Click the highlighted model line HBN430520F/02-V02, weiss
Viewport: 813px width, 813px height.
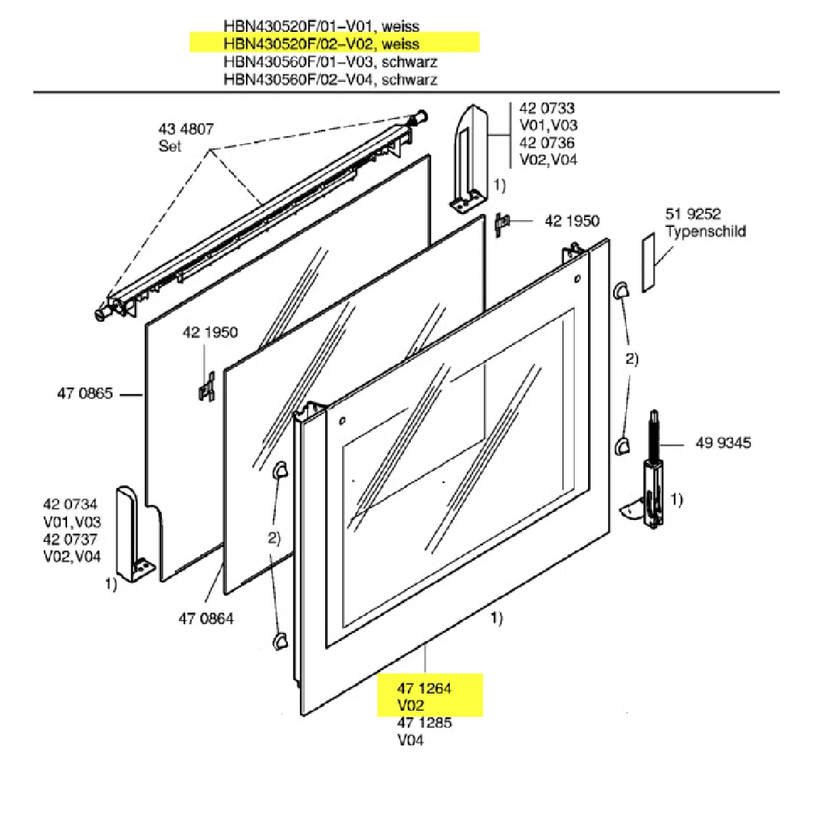click(x=322, y=44)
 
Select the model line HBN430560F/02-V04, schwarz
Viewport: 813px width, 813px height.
click(x=330, y=79)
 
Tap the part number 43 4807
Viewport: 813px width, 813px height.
click(x=186, y=129)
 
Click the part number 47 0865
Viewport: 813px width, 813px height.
click(x=85, y=394)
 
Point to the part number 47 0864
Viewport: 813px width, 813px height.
click(x=206, y=618)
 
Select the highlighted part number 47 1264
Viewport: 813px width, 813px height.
click(x=424, y=688)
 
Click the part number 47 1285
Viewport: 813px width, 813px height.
click(x=424, y=723)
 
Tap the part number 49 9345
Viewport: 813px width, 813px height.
click(x=723, y=443)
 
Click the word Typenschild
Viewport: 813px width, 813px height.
click(x=705, y=232)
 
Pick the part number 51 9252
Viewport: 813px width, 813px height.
click(x=693, y=214)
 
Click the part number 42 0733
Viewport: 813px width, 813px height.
click(x=547, y=108)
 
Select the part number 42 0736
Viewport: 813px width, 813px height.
click(x=547, y=143)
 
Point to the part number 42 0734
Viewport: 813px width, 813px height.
click(x=70, y=504)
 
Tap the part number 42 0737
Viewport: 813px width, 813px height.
click(x=70, y=540)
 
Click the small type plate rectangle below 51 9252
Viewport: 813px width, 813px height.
click(x=649, y=263)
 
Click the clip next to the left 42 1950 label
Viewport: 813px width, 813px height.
click(x=206, y=388)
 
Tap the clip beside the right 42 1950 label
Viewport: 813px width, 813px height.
click(x=502, y=224)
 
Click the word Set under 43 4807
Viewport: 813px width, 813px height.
click(x=170, y=146)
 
